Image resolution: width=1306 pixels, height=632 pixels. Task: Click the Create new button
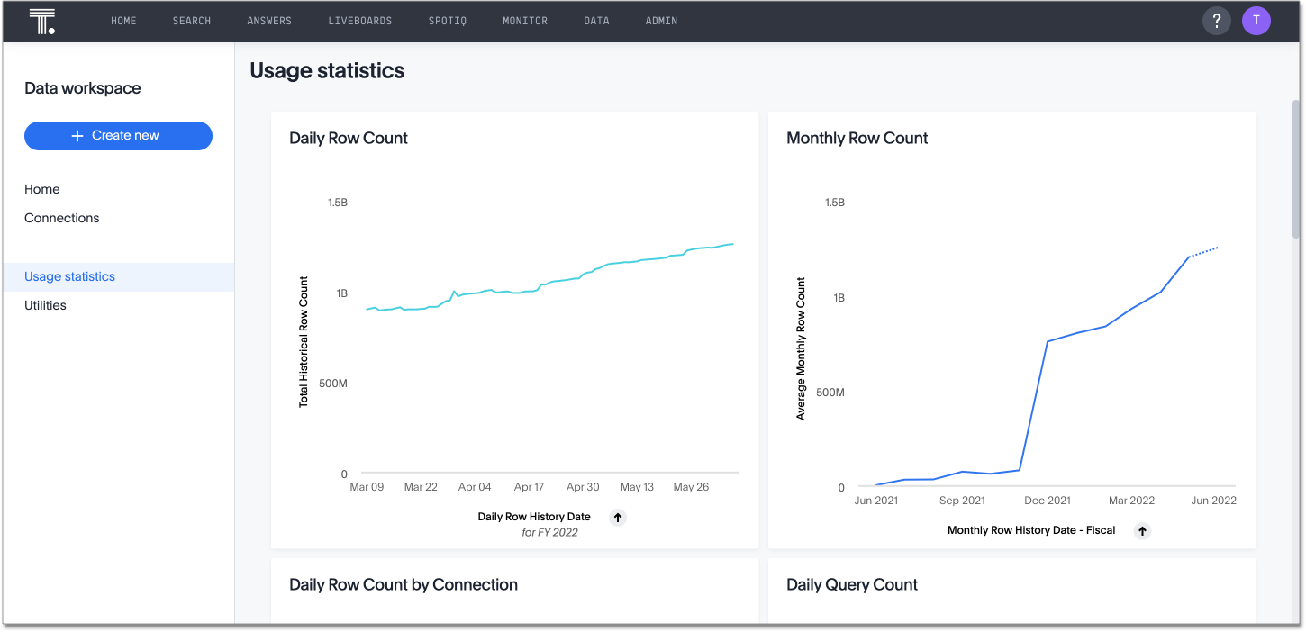[x=118, y=136]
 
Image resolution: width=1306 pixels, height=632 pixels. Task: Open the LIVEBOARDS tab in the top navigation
[x=359, y=21]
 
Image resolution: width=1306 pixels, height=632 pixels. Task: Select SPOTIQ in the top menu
[x=447, y=21]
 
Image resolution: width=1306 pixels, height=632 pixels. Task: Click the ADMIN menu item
[x=661, y=21]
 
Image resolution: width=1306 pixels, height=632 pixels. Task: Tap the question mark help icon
[x=1216, y=21]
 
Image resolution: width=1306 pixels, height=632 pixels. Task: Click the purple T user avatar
[x=1256, y=21]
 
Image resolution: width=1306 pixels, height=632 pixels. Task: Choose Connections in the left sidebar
[x=61, y=218]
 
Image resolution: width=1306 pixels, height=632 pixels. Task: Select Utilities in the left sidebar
[x=45, y=305]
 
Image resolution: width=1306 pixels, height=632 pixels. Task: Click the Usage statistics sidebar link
[x=69, y=276]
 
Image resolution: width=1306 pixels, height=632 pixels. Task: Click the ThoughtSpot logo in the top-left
[x=41, y=22]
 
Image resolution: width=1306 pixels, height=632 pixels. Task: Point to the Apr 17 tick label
[x=529, y=487]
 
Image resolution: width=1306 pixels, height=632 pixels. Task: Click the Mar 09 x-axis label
[x=367, y=487]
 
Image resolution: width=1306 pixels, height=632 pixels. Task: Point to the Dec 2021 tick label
[x=1048, y=501]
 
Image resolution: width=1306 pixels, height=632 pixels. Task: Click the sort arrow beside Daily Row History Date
[x=617, y=517]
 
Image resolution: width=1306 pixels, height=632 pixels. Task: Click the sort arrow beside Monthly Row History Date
[x=1142, y=530]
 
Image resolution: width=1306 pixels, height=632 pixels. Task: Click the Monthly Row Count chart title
[x=857, y=138]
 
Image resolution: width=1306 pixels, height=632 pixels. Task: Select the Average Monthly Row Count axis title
[x=801, y=348]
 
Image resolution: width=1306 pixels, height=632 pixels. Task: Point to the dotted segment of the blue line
[x=1204, y=251]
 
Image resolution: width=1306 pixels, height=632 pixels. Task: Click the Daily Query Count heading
[x=851, y=584]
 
